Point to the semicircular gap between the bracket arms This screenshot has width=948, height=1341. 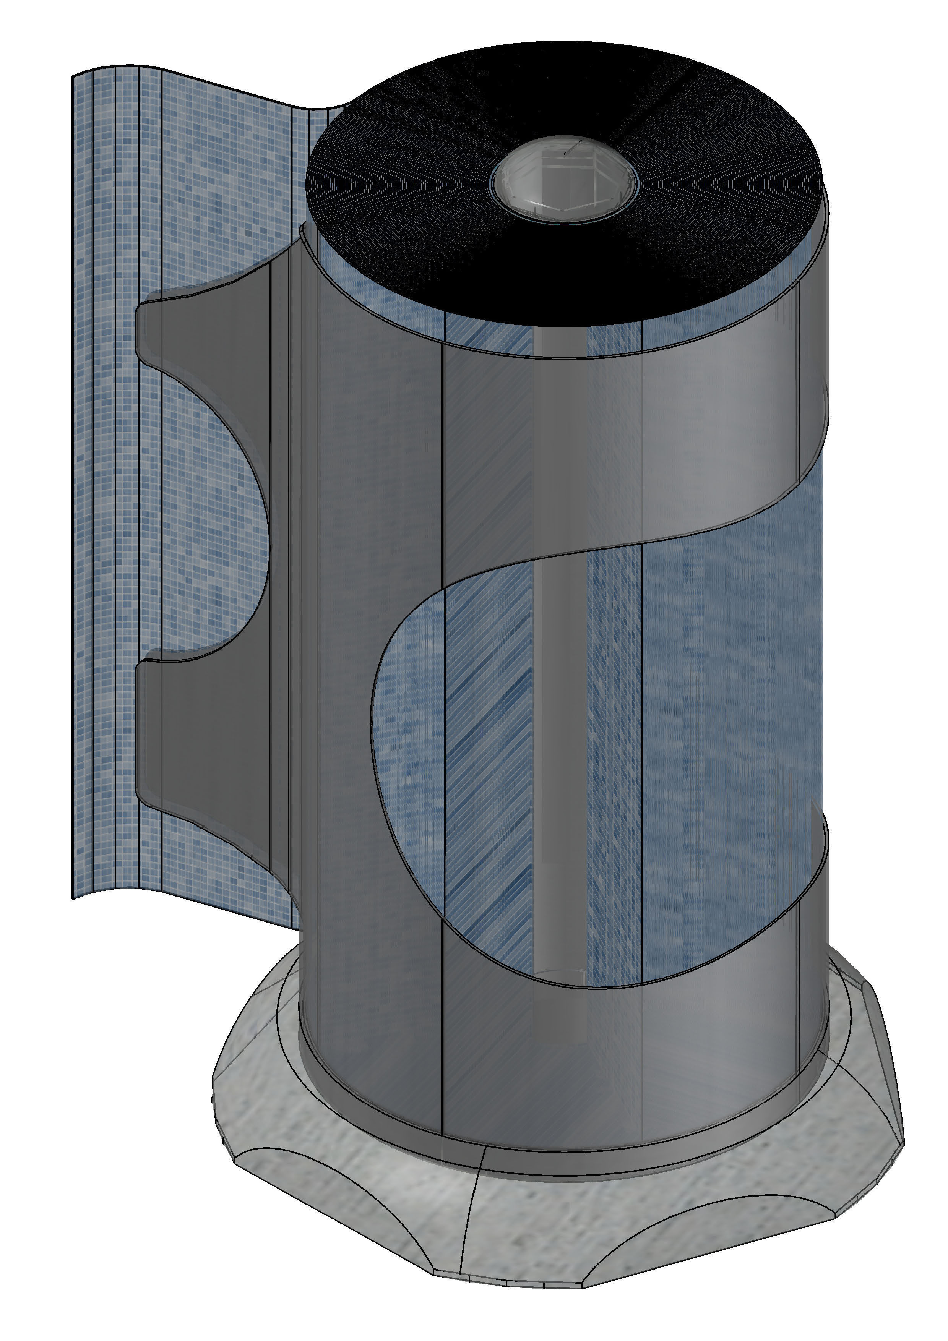pyautogui.click(x=216, y=525)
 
